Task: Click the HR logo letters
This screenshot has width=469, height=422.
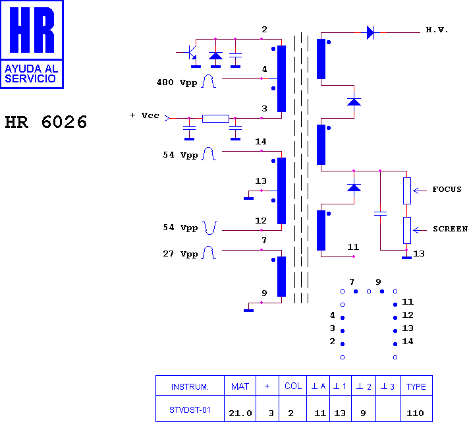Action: [32, 30]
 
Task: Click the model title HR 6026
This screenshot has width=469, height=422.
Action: [46, 122]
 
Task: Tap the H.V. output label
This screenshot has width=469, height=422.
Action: [437, 30]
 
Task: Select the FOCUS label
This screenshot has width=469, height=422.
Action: [447, 189]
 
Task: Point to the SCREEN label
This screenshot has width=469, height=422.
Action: [450, 229]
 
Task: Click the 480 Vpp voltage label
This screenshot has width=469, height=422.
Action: [177, 82]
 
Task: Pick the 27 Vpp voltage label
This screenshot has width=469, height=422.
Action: [180, 254]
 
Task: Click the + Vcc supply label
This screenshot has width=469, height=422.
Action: [144, 115]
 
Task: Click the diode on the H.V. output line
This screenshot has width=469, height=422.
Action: [370, 32]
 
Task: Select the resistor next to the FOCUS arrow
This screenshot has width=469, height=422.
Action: [407, 191]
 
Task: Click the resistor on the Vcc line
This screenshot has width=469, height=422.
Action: [215, 119]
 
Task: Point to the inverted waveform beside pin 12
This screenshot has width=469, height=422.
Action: [210, 228]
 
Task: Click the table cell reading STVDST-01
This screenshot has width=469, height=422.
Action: [190, 410]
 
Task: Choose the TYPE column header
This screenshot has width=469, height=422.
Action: [416, 386]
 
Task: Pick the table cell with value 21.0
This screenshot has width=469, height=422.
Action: [240, 413]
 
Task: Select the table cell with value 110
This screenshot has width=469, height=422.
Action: [415, 413]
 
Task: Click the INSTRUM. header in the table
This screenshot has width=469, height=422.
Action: [190, 387]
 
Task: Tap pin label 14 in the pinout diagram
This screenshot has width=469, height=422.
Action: [408, 342]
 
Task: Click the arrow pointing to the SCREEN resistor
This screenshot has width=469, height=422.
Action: [420, 230]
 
